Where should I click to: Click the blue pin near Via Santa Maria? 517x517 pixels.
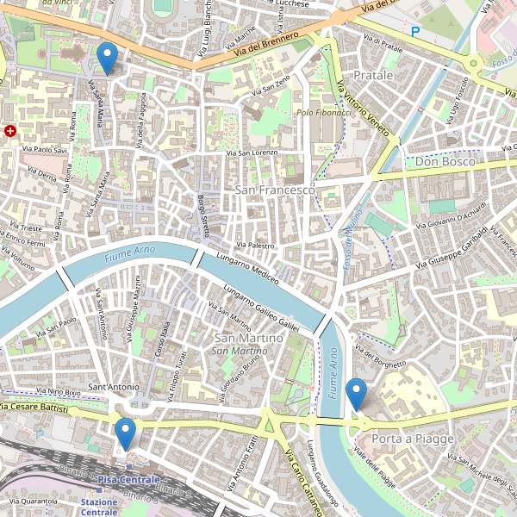[x=107, y=58]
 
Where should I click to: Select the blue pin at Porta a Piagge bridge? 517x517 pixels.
[x=356, y=394]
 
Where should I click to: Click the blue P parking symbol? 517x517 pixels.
[x=415, y=32]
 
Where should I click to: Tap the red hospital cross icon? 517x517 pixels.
[x=10, y=131]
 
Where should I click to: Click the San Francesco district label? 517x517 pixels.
[x=274, y=189]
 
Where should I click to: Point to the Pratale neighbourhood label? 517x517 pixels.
[x=373, y=76]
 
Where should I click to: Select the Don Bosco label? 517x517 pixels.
[x=445, y=161]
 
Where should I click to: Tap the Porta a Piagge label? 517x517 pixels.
[x=412, y=439]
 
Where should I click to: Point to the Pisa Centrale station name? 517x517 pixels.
[x=128, y=479]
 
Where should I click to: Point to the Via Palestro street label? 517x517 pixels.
[x=250, y=246]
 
